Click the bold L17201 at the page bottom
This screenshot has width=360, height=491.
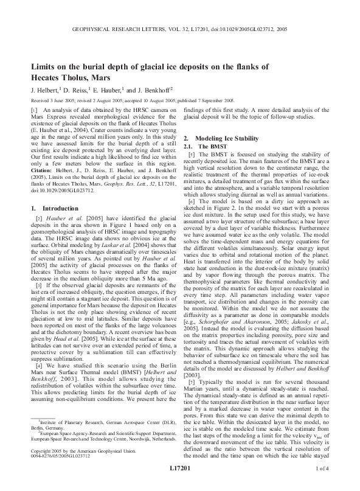(180, 484)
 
